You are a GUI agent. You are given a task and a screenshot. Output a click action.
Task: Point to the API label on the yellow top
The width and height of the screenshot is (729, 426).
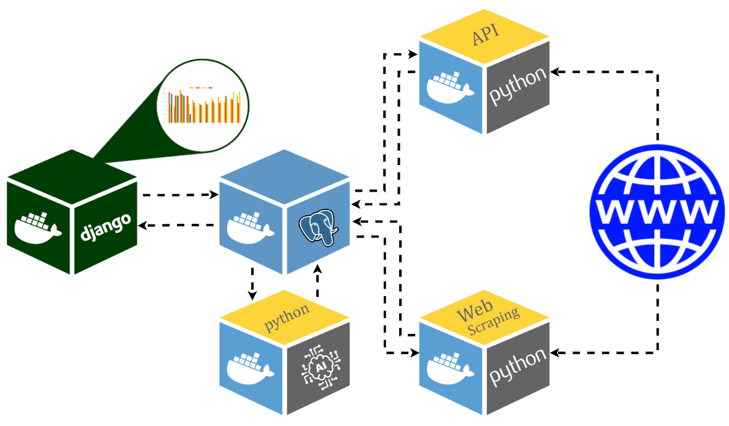[x=486, y=38]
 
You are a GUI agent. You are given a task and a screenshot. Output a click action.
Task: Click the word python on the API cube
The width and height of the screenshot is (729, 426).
[x=519, y=86]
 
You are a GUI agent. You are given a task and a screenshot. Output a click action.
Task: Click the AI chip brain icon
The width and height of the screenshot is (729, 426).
[x=320, y=367]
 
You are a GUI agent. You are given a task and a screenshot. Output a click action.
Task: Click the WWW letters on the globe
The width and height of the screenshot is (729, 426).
[x=657, y=211]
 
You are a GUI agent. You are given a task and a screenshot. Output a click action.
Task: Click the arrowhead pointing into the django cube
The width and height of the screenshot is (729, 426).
[x=142, y=226]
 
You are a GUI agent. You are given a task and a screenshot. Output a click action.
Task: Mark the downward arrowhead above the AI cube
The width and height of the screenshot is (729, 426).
[x=252, y=295]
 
